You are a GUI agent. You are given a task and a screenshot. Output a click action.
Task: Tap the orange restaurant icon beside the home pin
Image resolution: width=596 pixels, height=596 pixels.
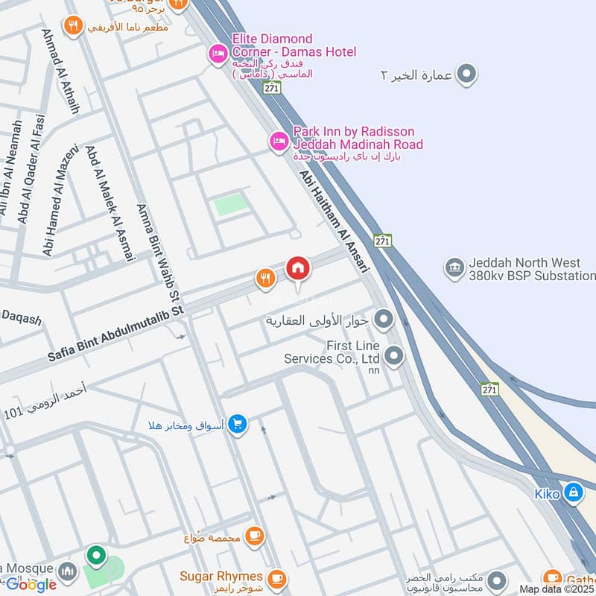click(265, 279)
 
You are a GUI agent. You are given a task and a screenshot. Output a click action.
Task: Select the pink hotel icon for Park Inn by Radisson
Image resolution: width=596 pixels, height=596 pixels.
click(278, 140)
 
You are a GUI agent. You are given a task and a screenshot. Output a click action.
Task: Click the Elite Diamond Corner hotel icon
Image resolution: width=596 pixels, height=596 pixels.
click(218, 54)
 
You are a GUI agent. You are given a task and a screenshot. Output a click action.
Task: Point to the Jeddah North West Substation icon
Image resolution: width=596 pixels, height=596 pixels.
click(454, 267)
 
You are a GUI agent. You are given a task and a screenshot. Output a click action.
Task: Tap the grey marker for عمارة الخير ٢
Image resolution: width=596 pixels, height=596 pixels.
click(467, 74)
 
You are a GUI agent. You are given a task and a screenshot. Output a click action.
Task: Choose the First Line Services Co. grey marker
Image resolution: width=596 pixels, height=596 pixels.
click(394, 355)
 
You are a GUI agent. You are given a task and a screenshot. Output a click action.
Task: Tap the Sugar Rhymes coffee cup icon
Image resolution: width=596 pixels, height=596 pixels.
click(276, 577)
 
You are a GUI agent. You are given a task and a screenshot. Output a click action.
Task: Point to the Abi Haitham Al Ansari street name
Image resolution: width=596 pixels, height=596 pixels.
click(335, 221)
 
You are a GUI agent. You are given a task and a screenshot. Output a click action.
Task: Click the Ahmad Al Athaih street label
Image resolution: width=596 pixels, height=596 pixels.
click(60, 71)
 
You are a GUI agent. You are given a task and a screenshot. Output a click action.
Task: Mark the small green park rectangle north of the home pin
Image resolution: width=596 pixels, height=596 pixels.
click(230, 205)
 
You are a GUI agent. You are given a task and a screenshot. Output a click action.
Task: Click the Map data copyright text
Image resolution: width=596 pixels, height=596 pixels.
click(557, 589)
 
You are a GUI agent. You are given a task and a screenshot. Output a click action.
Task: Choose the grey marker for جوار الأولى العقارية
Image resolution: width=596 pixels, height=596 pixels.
click(384, 320)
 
